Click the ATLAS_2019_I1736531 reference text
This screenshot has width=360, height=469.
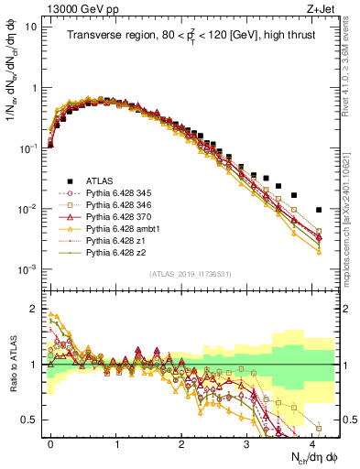pos(190,274)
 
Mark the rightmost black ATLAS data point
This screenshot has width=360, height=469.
pos(318,210)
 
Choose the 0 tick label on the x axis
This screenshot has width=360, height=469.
pos(50,441)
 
